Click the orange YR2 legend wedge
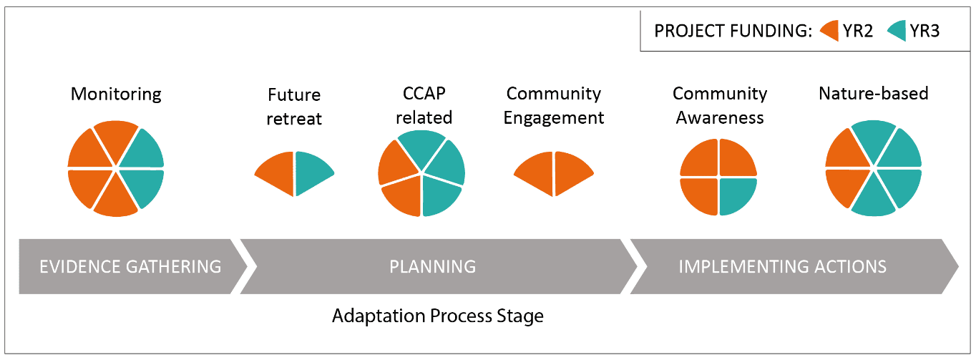tap(831, 31)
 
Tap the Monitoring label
tap(116, 94)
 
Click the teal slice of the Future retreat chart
tap(312, 172)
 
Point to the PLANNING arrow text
tap(433, 266)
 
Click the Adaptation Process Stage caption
tap(438, 316)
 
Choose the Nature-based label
tap(874, 94)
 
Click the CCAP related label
tap(424, 105)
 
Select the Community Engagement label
tap(553, 105)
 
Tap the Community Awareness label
tap(720, 105)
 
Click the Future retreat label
tap(294, 107)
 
